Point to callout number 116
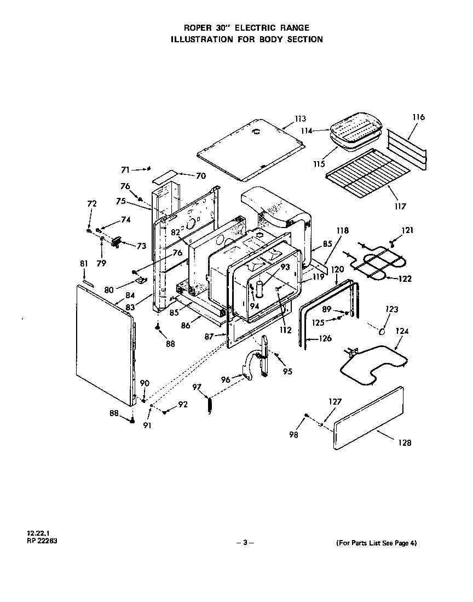coord(419,117)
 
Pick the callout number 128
coord(405,442)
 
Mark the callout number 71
coord(125,169)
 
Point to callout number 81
coord(84,264)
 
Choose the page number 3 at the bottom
coord(245,543)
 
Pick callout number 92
coord(183,405)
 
